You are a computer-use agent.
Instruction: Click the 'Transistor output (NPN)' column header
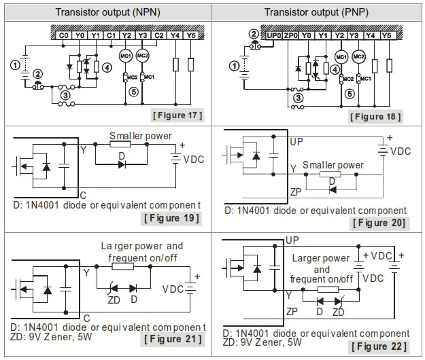[x=107, y=12]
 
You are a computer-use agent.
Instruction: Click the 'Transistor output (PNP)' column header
[x=316, y=12]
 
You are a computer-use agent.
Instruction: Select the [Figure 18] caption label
[x=375, y=116]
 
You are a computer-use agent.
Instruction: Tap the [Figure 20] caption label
[x=380, y=223]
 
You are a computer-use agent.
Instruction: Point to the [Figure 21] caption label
[x=171, y=339]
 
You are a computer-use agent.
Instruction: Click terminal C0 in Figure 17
[x=64, y=35]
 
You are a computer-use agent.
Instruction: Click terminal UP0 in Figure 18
[x=274, y=35]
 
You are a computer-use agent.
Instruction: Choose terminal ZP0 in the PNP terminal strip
[x=291, y=35]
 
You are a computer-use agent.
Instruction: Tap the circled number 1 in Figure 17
[x=14, y=65]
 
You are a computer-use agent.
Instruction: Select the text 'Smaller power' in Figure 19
[x=141, y=136]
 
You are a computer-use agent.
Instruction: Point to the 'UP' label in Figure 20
[x=296, y=143]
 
